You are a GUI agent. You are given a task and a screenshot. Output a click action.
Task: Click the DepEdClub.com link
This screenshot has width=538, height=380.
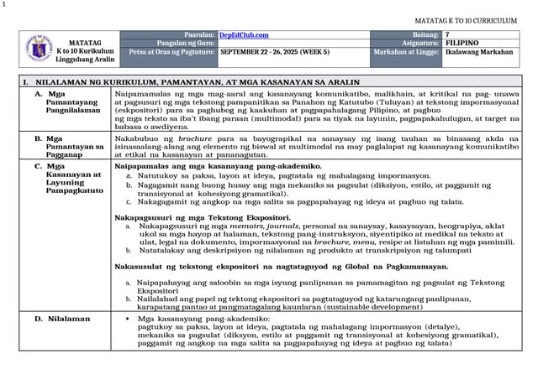pos(244,34)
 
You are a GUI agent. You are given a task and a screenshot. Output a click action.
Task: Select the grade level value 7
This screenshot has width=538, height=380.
pos(447,34)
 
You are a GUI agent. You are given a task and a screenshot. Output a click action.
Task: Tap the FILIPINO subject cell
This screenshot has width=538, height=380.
pos(463,42)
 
